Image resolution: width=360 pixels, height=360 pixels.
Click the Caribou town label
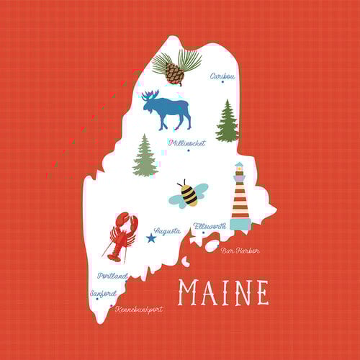(222, 75)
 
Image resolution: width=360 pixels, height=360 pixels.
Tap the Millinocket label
(186, 143)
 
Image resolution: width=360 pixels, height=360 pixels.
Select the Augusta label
(167, 231)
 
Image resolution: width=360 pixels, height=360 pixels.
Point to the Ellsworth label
(210, 226)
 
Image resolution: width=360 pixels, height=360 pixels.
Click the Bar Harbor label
(240, 251)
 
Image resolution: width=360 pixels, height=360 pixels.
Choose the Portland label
(112, 276)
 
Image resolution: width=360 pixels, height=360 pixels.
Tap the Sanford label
(103, 294)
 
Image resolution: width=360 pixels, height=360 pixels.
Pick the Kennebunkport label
(138, 309)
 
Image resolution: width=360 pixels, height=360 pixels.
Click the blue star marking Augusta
(151, 238)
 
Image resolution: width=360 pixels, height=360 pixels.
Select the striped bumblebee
(188, 193)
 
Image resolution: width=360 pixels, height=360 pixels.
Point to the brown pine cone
(174, 73)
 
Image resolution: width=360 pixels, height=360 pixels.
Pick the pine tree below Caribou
(227, 122)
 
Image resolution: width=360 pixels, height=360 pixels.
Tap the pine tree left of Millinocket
(145, 156)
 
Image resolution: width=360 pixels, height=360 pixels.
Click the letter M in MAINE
(189, 292)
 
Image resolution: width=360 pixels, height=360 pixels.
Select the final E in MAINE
(261, 292)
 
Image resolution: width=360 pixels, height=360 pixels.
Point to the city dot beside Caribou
(222, 82)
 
